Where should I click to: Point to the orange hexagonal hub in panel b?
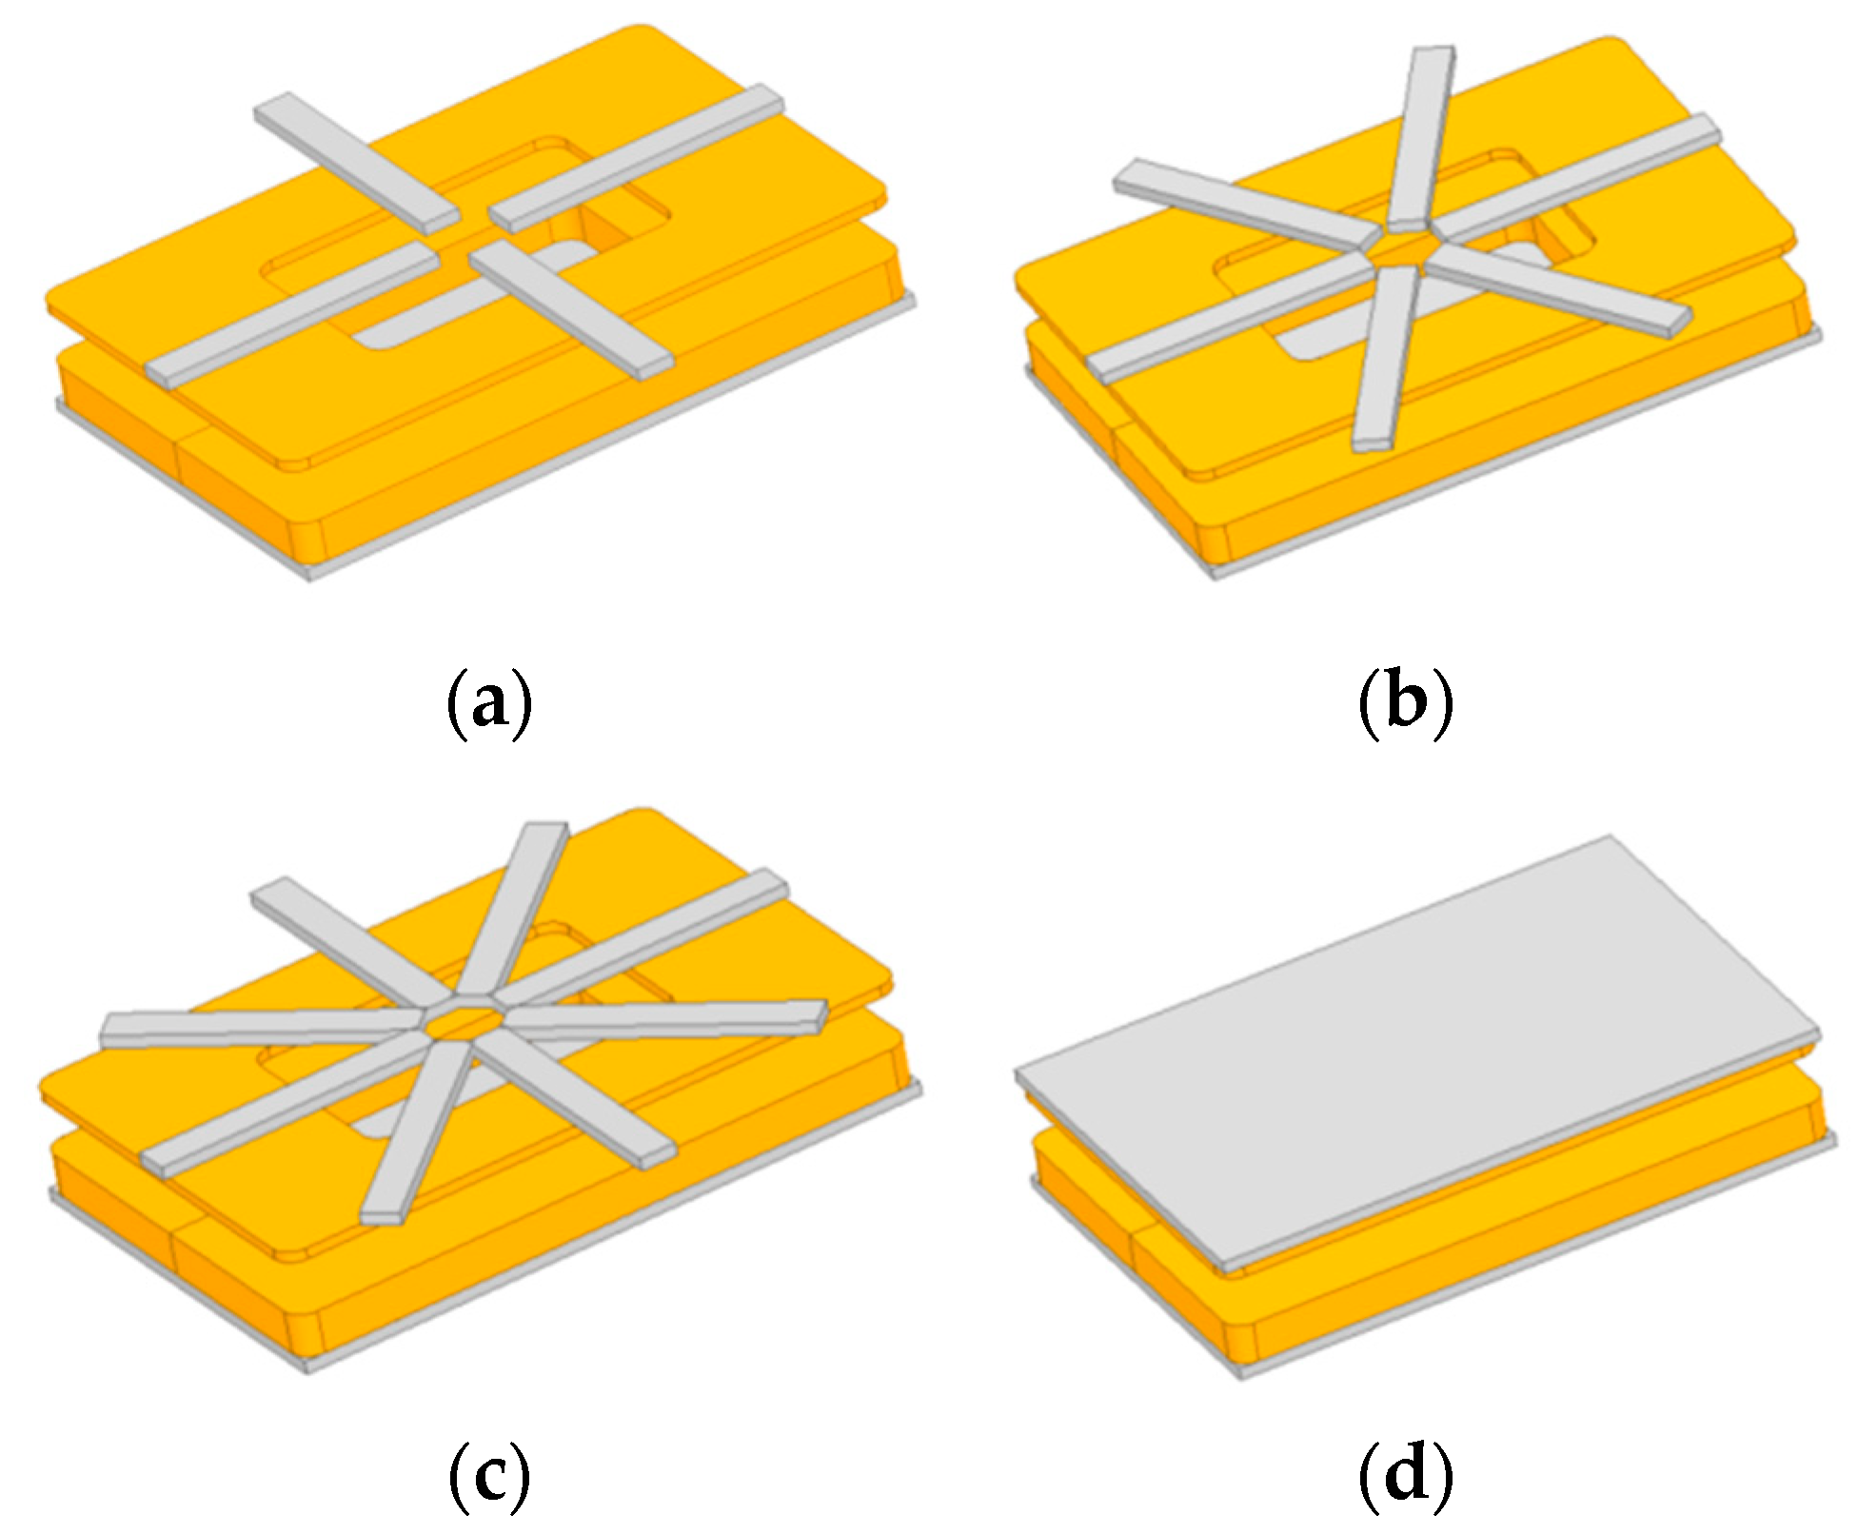pyautogui.click(x=1397, y=249)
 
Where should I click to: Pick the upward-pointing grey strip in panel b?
pyautogui.click(x=1423, y=133)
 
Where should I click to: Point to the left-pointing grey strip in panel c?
pyautogui.click(x=257, y=1028)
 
